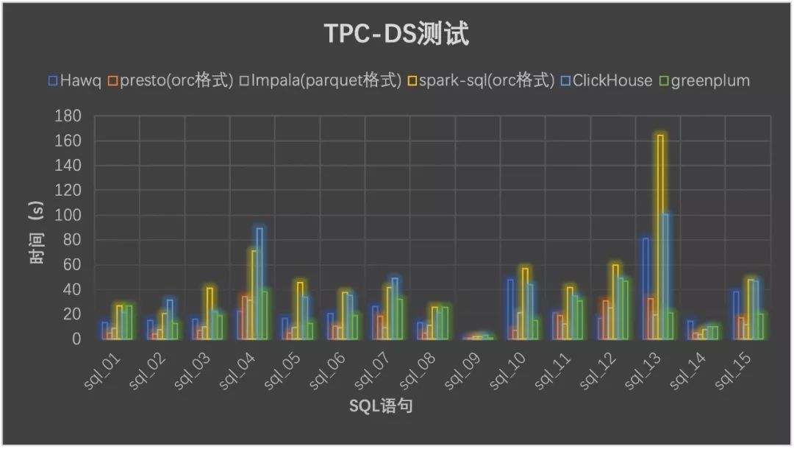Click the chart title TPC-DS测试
click(x=397, y=34)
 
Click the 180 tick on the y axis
click(x=69, y=116)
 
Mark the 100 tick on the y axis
click(x=69, y=215)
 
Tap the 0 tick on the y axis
click(x=76, y=339)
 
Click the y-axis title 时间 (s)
click(x=37, y=227)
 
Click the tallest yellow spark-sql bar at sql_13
click(x=660, y=236)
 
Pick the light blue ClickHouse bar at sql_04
click(x=260, y=283)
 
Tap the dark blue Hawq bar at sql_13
click(x=645, y=288)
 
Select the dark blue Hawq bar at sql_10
click(x=509, y=309)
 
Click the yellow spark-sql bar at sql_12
click(x=615, y=302)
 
